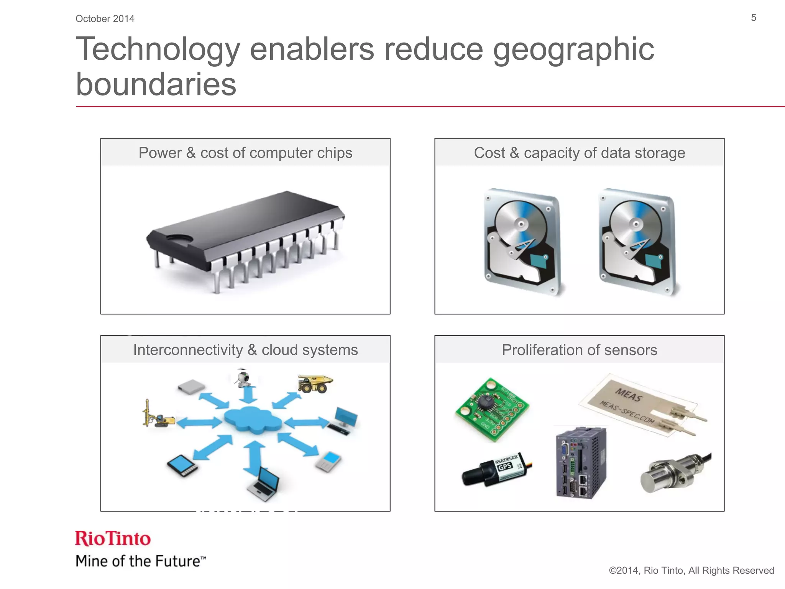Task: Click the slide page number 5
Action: click(x=753, y=18)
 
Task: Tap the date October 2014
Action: click(x=105, y=19)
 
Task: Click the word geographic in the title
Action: click(x=573, y=50)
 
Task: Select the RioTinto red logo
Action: click(x=113, y=538)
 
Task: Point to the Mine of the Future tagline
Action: click(x=140, y=561)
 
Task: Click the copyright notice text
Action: click(x=691, y=570)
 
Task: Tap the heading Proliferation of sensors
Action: click(x=579, y=350)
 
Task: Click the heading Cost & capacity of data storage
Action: click(x=579, y=153)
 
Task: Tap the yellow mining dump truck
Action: click(x=315, y=384)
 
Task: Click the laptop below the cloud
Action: click(x=264, y=484)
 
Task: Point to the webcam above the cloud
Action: click(x=243, y=378)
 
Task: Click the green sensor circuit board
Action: click(x=492, y=409)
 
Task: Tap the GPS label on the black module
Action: click(x=505, y=466)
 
